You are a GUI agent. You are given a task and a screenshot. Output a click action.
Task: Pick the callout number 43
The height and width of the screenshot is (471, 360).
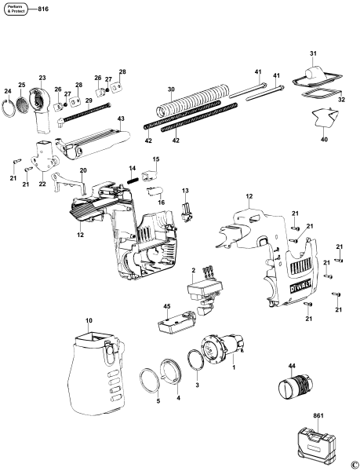[x=121, y=119]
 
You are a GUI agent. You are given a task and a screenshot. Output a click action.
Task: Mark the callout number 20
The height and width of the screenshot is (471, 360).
[x=83, y=170]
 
